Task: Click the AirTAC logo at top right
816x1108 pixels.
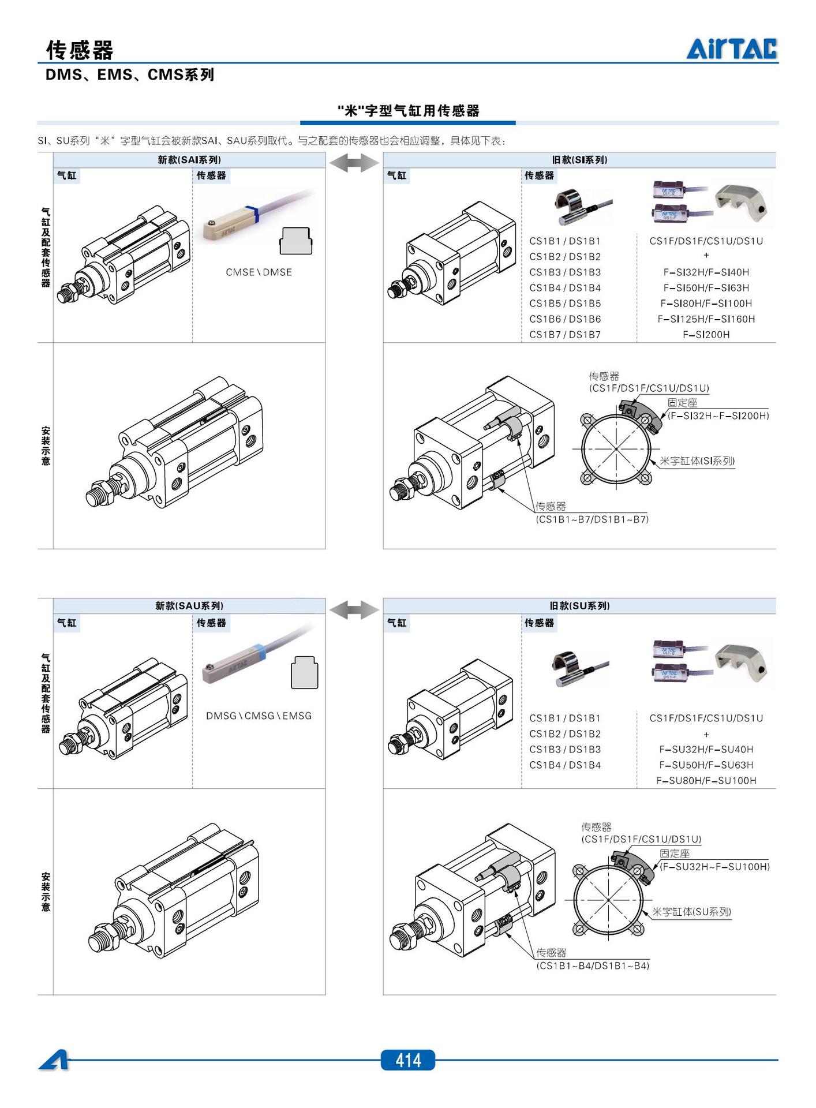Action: click(731, 48)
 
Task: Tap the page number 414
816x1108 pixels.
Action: click(407, 1060)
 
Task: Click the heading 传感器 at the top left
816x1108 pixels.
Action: click(80, 50)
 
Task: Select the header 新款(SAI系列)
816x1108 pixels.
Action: click(189, 160)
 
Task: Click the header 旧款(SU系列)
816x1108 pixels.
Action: click(579, 606)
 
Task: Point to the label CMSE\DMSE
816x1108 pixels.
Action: click(259, 272)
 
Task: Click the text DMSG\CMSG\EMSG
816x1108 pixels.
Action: click(259, 716)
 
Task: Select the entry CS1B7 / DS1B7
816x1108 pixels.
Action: click(565, 335)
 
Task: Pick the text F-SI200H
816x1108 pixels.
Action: click(706, 335)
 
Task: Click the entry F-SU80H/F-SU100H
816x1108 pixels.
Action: click(706, 781)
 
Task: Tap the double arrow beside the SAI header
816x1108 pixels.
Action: click(354, 163)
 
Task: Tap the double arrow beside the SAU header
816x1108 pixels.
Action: click(354, 609)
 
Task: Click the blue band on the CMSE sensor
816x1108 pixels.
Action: click(252, 214)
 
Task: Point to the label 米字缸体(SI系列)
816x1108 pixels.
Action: click(697, 461)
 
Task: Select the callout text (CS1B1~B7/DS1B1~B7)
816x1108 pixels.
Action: click(592, 519)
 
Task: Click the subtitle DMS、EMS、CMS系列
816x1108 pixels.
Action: click(130, 75)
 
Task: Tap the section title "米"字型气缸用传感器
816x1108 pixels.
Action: click(408, 111)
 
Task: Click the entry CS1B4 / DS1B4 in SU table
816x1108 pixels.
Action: click(565, 765)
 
